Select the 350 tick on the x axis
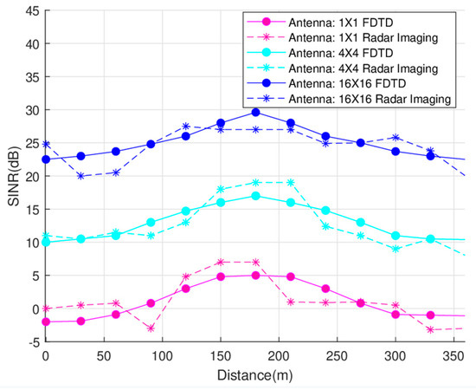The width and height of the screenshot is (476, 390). pyautogui.click(x=453, y=356)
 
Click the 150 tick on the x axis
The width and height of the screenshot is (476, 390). pyautogui.click(x=221, y=356)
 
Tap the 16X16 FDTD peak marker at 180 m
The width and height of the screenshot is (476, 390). pyautogui.click(x=255, y=113)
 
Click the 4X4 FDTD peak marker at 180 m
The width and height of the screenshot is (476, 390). pyautogui.click(x=255, y=196)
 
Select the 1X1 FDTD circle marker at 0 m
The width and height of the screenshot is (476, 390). pyautogui.click(x=46, y=322)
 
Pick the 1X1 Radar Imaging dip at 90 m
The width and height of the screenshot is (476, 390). pyautogui.click(x=151, y=328)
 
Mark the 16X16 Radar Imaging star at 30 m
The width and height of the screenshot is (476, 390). pyautogui.click(x=80, y=176)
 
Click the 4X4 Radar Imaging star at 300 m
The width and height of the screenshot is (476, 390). pyautogui.click(x=396, y=249)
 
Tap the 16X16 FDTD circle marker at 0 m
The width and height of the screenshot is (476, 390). pyautogui.click(x=46, y=159)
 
